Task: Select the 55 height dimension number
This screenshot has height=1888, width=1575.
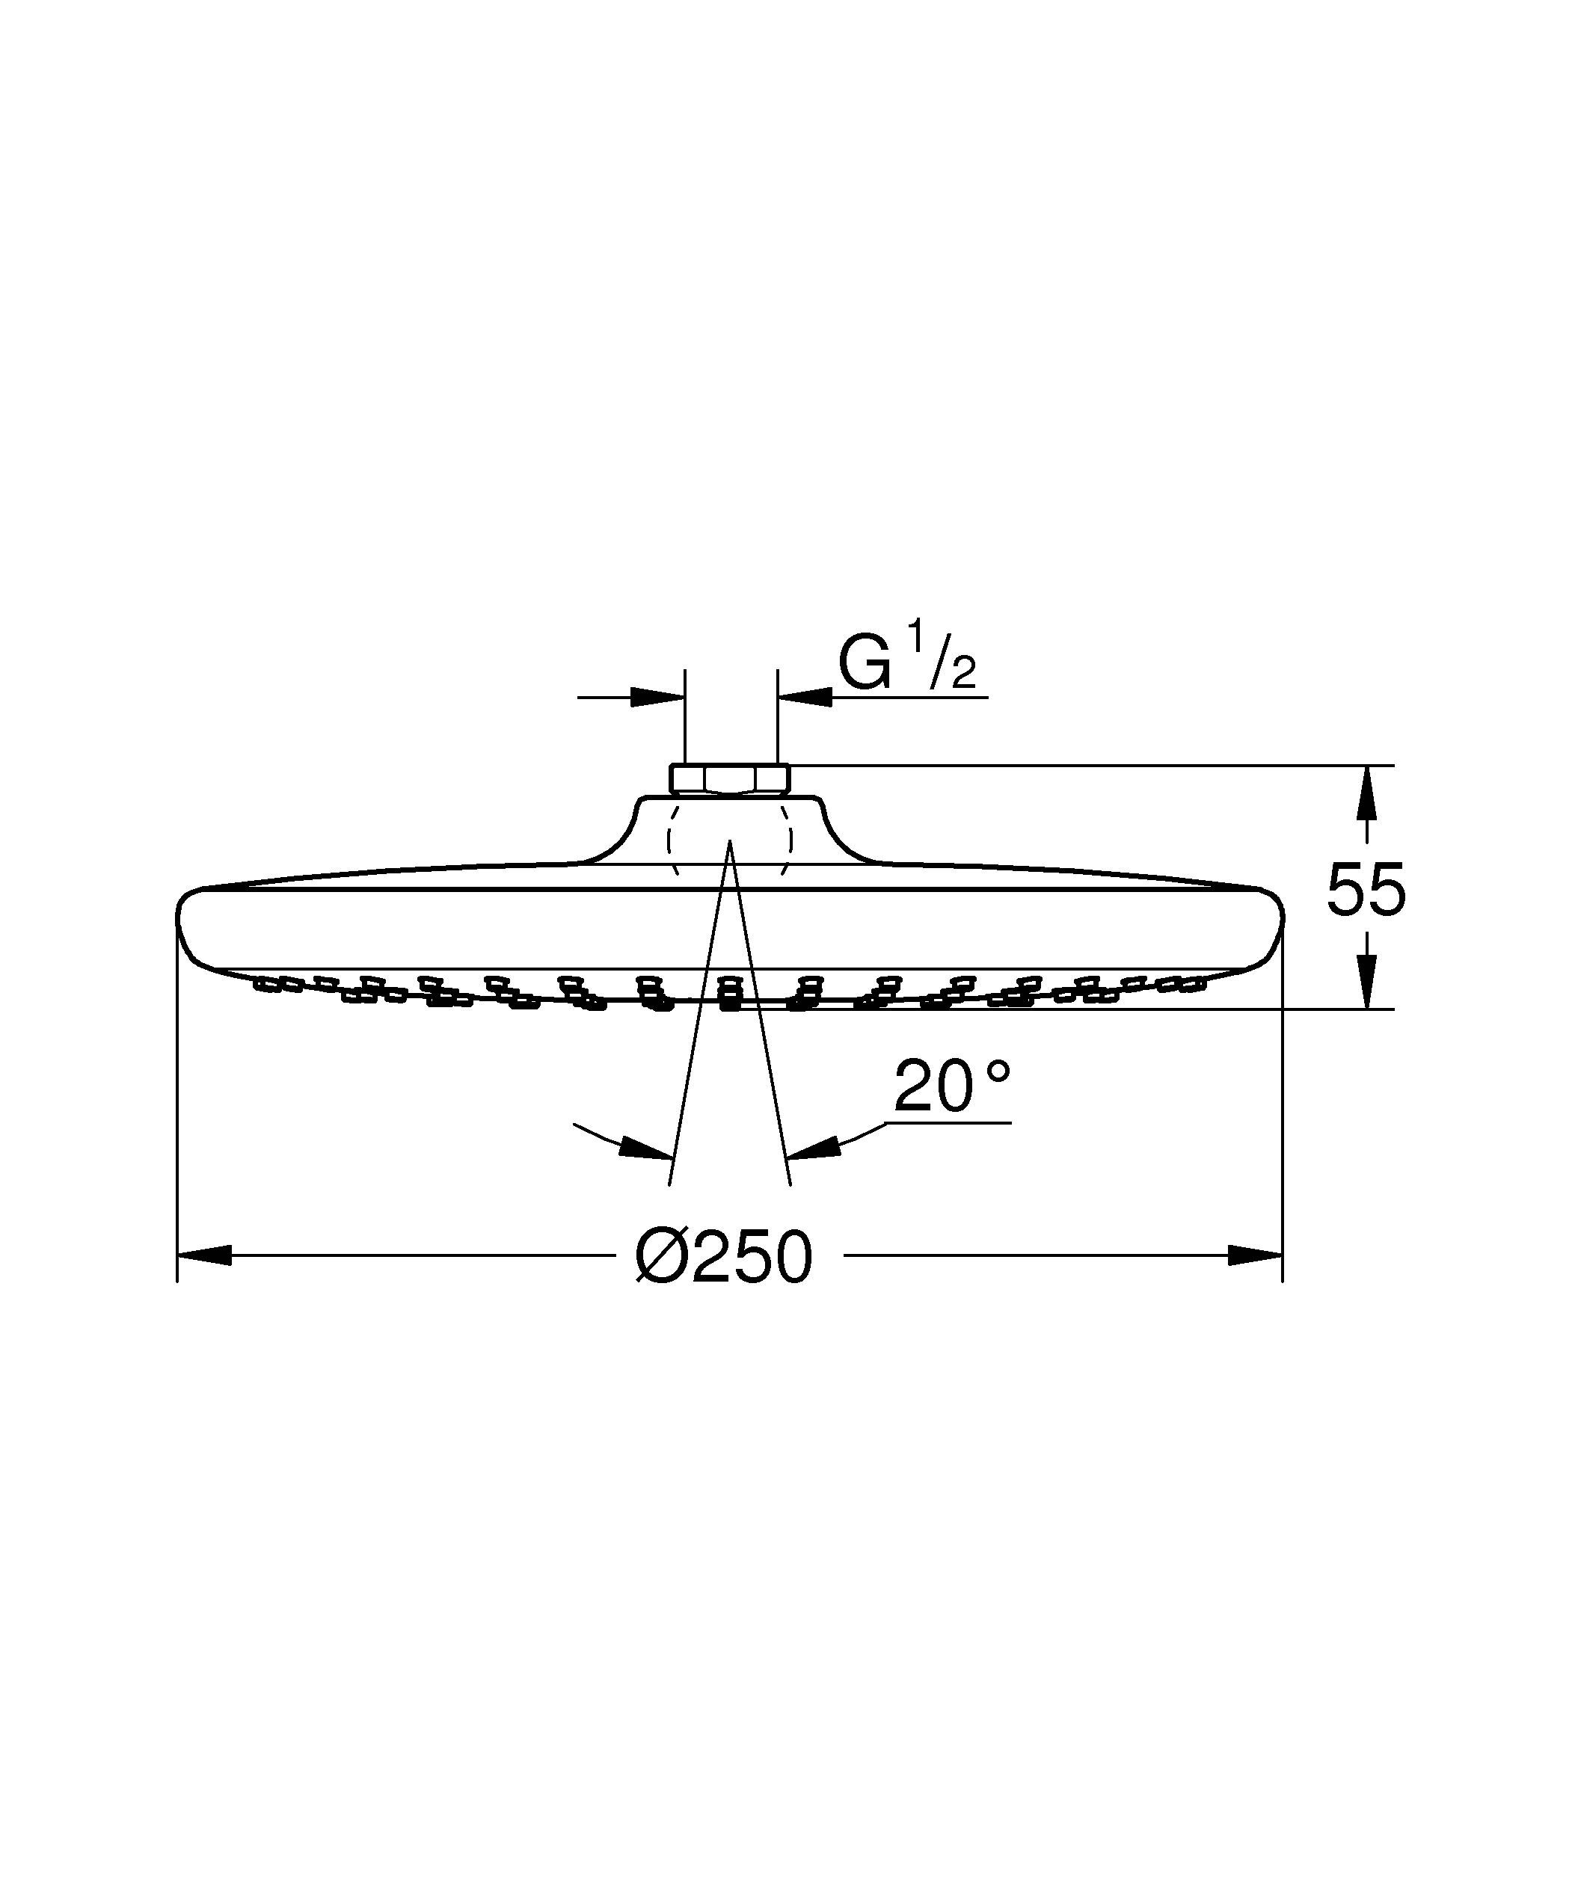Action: (1366, 890)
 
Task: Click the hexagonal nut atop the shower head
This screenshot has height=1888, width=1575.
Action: (730, 778)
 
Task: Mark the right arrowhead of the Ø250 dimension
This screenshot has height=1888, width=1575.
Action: (1255, 1256)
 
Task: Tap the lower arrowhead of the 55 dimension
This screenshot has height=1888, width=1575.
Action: (1366, 982)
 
